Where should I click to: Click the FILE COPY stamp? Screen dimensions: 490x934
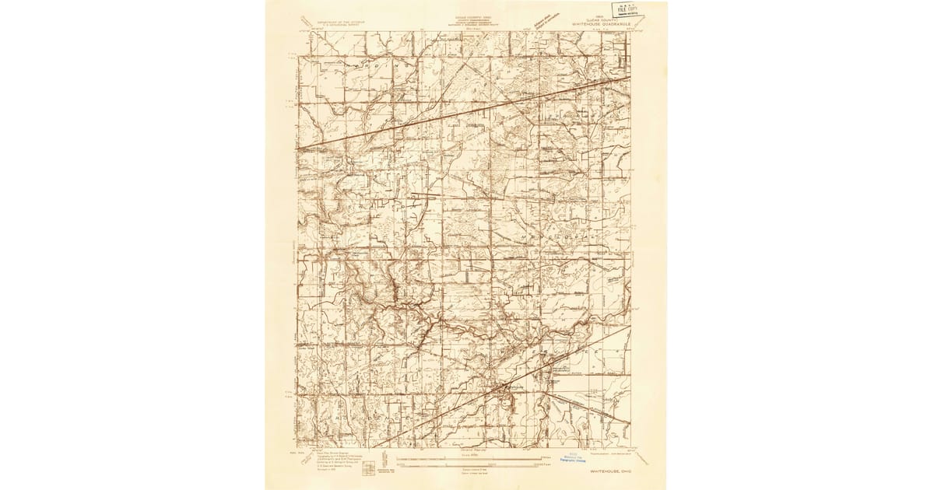click(x=624, y=11)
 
